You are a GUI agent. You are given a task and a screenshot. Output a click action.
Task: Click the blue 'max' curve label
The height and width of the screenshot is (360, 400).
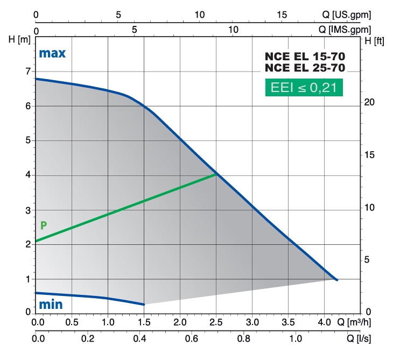click(52, 53)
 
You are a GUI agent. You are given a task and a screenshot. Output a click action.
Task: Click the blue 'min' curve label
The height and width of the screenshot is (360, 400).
click(50, 305)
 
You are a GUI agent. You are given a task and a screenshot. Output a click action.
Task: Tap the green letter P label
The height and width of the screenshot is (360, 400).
click(44, 225)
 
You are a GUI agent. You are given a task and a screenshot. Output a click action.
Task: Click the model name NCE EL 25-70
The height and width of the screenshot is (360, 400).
click(304, 68)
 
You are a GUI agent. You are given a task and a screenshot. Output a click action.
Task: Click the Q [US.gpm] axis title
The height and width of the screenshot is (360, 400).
click(345, 15)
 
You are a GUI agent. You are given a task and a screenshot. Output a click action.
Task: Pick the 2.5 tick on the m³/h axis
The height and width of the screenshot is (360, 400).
click(216, 323)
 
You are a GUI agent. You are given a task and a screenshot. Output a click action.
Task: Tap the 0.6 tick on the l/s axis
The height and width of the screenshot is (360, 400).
click(190, 340)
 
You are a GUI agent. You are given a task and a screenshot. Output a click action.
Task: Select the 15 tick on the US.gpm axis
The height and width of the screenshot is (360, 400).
click(282, 15)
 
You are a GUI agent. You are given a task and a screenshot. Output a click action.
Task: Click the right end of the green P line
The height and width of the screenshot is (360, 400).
click(216, 174)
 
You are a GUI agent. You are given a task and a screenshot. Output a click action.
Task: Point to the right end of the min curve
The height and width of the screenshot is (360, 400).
click(144, 305)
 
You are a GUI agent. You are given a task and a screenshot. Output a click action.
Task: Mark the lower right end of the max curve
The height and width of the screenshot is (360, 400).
click(336, 280)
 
